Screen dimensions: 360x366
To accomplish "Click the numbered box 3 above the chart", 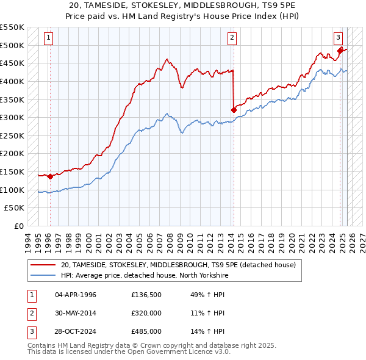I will [338, 36].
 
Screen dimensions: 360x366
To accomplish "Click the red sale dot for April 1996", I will [50, 176].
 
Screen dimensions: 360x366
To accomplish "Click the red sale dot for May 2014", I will [234, 110].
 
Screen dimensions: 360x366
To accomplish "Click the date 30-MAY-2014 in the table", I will [75, 314].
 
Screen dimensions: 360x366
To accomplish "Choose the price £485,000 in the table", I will [146, 331].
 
